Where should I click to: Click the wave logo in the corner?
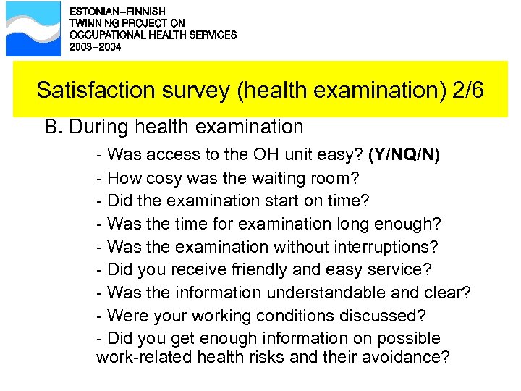tap(33, 29)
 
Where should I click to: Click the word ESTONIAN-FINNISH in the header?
tap(117, 12)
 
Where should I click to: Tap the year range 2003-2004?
tap(96, 46)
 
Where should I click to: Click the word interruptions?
tap(391, 247)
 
